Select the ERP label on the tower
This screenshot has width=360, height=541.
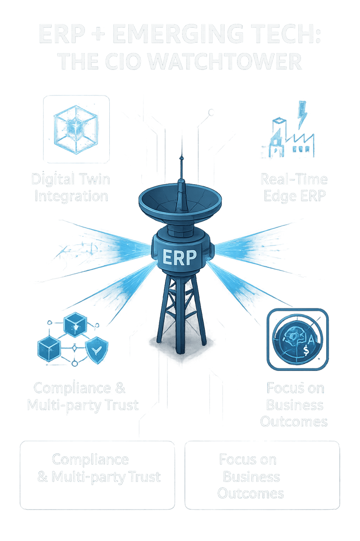(x=180, y=257)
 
